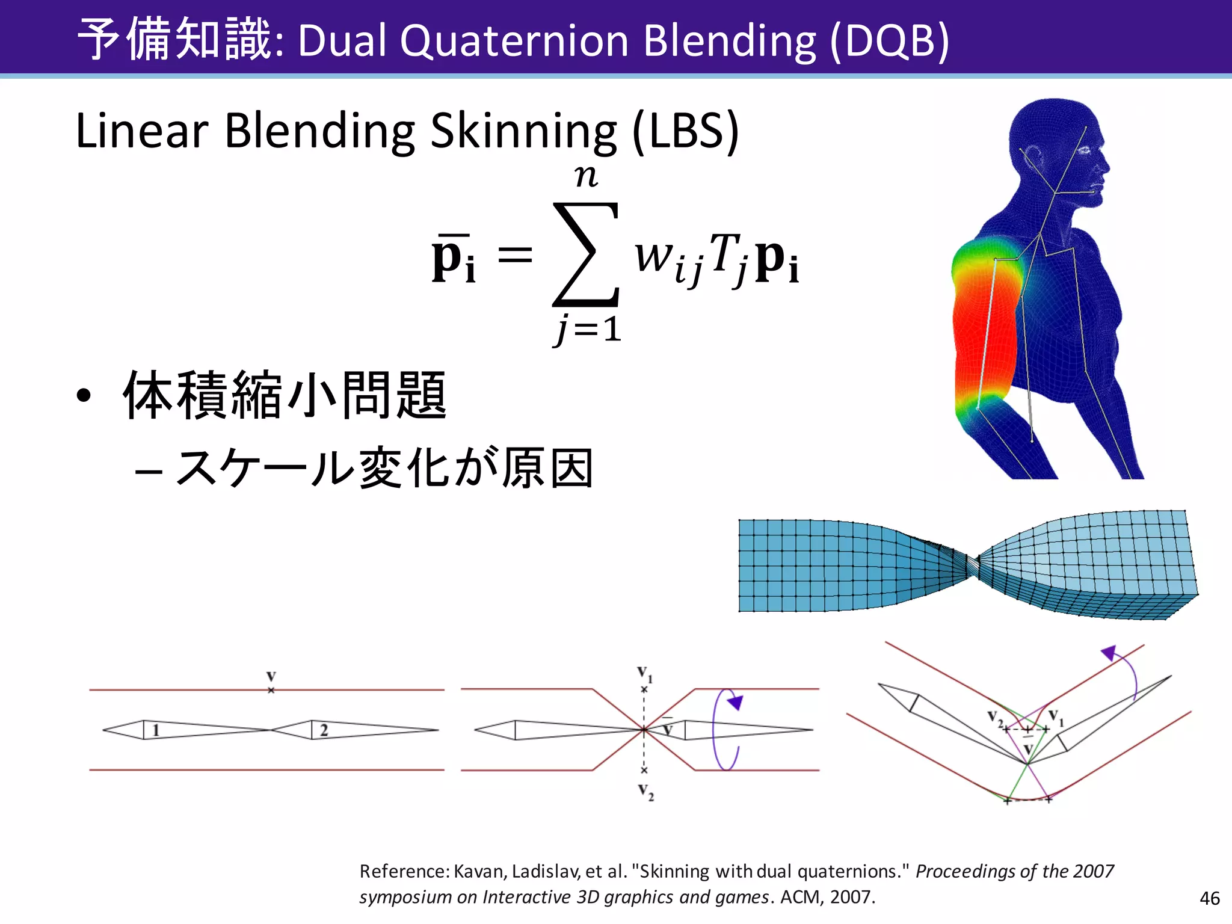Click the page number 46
pos(1209,898)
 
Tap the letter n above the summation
pos(586,176)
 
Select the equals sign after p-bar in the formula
pos(515,255)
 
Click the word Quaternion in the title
pos(514,41)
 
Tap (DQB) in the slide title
pos(889,41)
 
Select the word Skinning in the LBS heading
pos(523,131)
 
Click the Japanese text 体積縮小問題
pos(285,395)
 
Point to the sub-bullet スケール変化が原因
pos(385,469)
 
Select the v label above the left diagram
pos(271,677)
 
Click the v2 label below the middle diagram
pos(645,791)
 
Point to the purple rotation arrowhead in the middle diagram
pos(736,702)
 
